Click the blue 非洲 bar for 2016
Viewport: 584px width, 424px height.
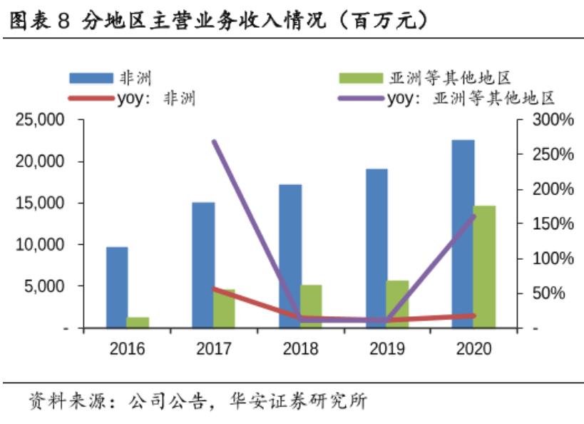pos(117,287)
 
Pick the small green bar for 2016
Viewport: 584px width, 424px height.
pos(138,322)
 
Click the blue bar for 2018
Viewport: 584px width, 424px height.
pos(290,256)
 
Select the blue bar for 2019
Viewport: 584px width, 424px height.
pos(376,248)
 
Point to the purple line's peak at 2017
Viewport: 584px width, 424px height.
pos(215,142)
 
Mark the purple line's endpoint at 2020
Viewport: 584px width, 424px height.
pos(473,216)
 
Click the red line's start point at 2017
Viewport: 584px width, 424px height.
pos(215,289)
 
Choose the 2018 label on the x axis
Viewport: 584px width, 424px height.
pos(300,348)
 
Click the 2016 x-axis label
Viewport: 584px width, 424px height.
pos(128,348)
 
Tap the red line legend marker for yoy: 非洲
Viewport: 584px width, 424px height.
pos(91,99)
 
